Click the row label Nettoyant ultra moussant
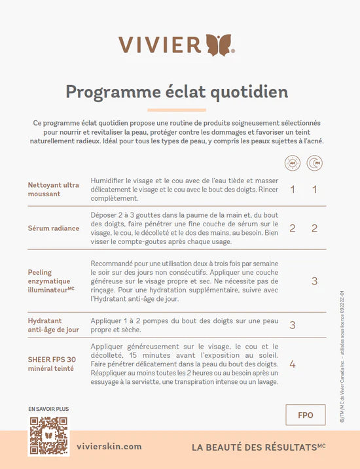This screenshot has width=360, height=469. [54, 189]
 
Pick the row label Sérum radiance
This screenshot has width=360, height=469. [54, 228]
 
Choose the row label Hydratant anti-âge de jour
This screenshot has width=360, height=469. [54, 325]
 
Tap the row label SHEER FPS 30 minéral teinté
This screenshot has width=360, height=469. [52, 364]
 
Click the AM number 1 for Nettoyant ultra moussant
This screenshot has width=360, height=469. [292, 190]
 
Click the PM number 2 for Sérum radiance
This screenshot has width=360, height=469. [314, 228]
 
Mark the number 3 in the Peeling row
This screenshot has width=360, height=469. [314, 281]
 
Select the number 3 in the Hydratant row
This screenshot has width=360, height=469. [292, 325]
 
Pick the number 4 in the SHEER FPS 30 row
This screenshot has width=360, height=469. [292, 364]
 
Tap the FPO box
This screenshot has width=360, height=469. [305, 415]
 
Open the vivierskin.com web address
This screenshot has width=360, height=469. [109, 446]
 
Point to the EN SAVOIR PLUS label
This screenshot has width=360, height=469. [48, 409]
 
